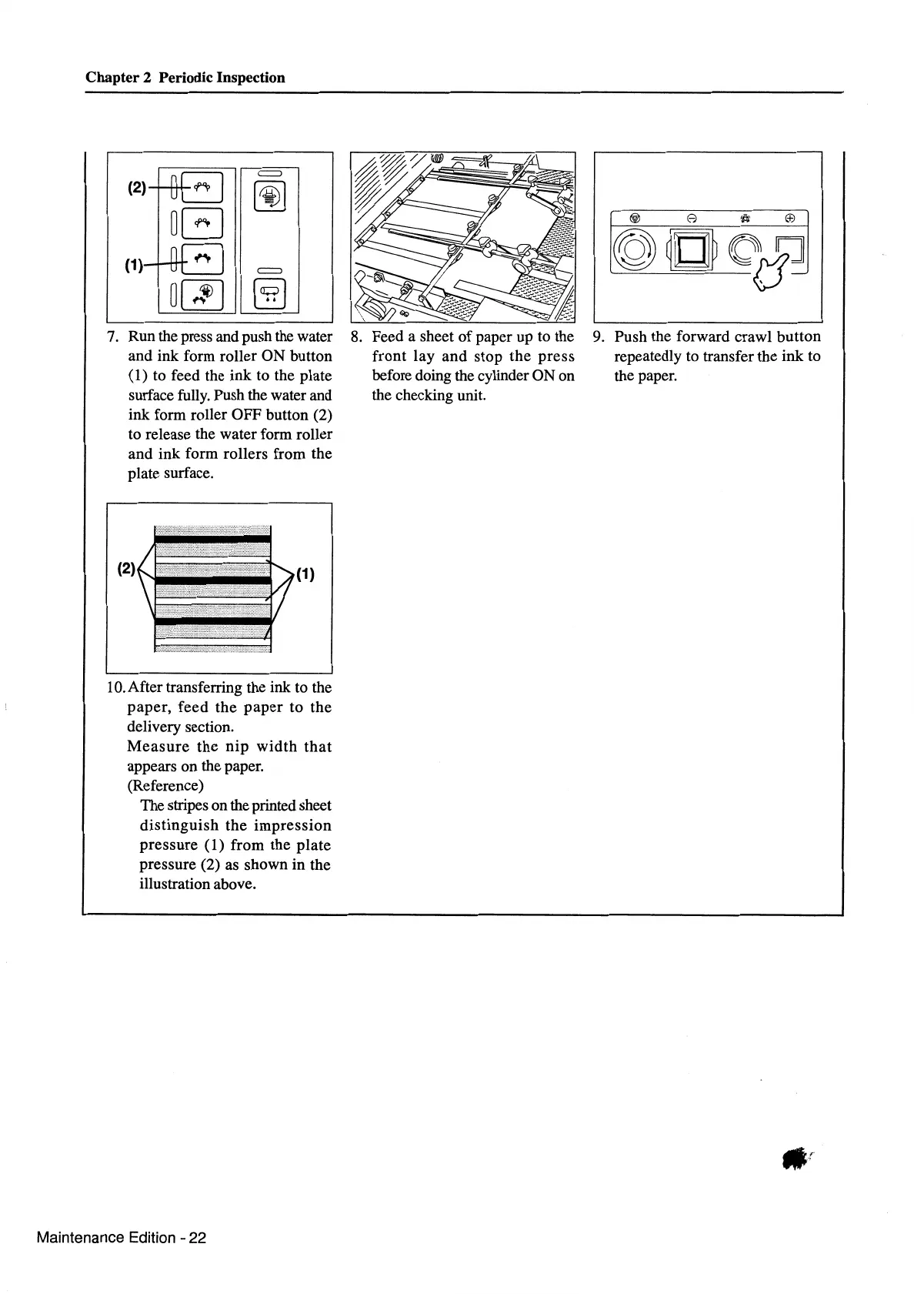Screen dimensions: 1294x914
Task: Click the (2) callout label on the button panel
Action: coord(136,187)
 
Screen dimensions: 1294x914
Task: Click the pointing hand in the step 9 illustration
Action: coord(773,271)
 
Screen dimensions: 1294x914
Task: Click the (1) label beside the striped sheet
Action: coord(305,573)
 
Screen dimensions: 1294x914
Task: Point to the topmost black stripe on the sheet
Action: coord(212,538)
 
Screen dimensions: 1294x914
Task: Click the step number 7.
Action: coord(112,337)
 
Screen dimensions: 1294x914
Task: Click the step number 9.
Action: coord(599,337)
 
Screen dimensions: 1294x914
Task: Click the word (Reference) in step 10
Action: coord(165,786)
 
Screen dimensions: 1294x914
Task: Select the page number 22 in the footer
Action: coord(198,1238)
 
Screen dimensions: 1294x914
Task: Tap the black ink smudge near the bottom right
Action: coord(793,1159)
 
